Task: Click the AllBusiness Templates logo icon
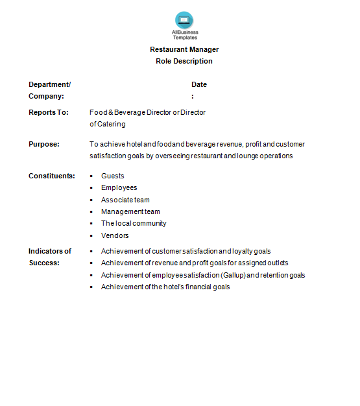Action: tap(184, 20)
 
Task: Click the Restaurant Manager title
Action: tap(184, 49)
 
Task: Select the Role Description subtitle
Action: tap(184, 61)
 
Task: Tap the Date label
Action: tap(199, 84)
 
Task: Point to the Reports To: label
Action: tap(49, 112)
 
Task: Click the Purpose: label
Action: tap(44, 144)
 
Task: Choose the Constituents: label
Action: tap(52, 176)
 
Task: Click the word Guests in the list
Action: tap(113, 176)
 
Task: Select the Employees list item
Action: tap(119, 187)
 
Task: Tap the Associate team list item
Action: tap(125, 200)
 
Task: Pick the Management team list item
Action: tap(130, 211)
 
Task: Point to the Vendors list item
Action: tap(115, 235)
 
